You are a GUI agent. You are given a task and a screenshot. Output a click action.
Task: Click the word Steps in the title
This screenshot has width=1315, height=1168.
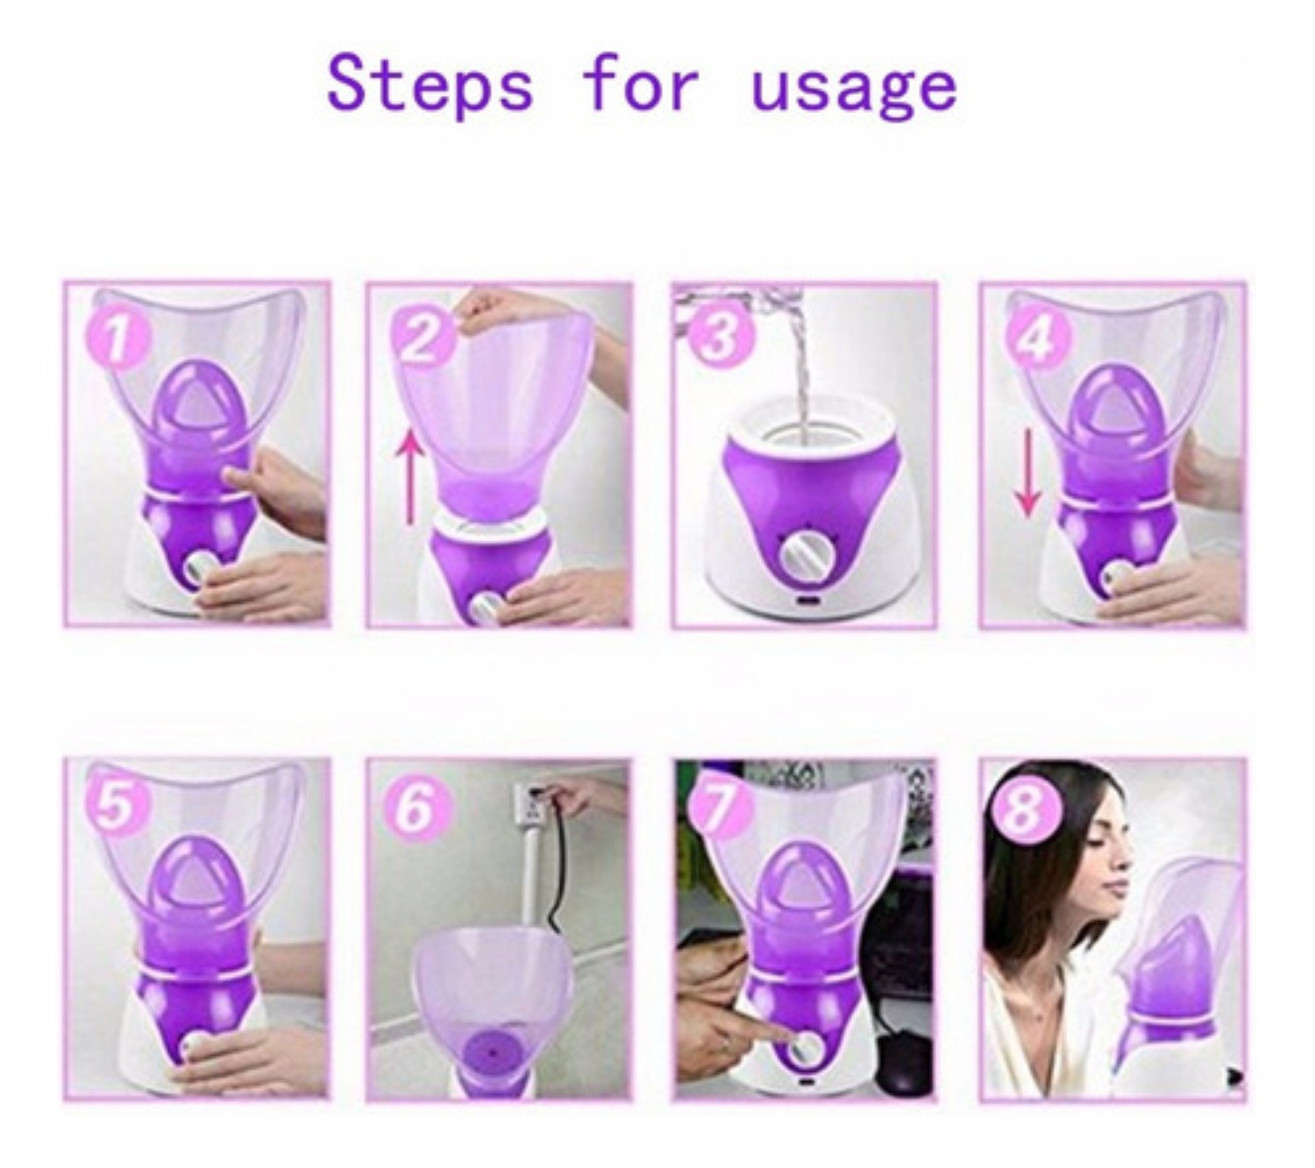coord(430,85)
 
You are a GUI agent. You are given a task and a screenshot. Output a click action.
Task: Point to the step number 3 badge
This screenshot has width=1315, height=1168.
coord(721,336)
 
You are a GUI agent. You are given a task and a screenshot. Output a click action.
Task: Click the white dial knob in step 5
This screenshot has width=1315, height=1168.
coord(194,1046)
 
